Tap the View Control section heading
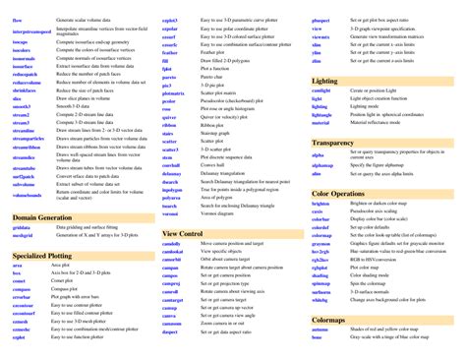[x=184, y=233]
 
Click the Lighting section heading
[x=325, y=81]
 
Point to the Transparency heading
[x=332, y=143]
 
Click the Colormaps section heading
[x=328, y=321]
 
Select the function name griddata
[x=23, y=227]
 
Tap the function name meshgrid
[x=24, y=236]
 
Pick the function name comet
[x=20, y=283]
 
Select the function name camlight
[x=321, y=90]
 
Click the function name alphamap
[x=322, y=164]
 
